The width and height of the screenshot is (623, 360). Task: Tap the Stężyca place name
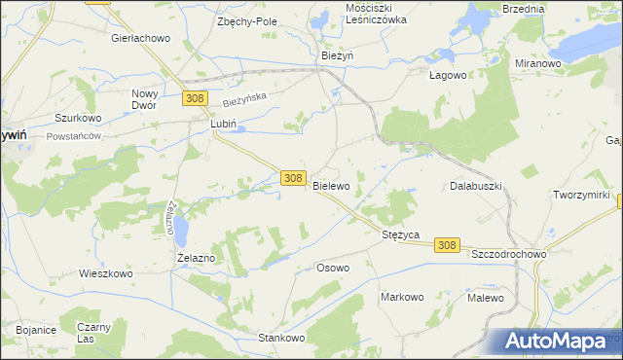point(399,234)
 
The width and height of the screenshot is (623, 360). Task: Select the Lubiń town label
point(224,125)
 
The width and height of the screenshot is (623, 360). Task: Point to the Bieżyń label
point(337,56)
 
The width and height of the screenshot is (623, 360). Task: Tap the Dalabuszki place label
point(475,185)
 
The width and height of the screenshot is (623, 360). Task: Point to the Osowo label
point(333,267)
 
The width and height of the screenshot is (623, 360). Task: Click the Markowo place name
point(402,297)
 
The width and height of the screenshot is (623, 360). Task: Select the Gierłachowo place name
point(141,38)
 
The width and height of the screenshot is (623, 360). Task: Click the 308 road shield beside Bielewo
point(293,178)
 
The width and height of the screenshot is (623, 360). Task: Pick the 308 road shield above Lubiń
point(195,98)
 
